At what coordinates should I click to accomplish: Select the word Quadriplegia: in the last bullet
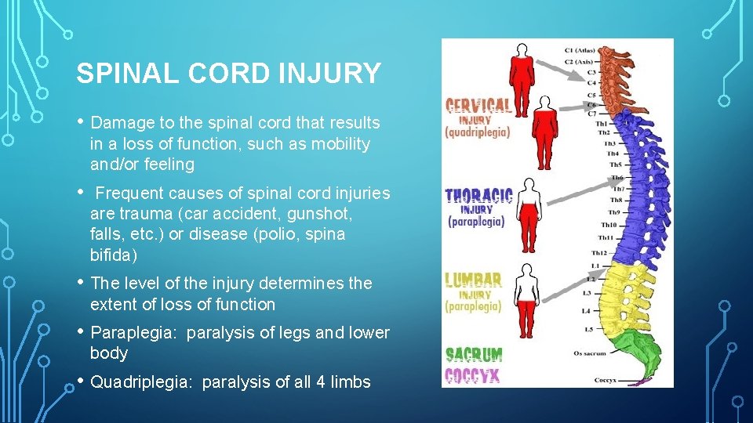tap(144, 382)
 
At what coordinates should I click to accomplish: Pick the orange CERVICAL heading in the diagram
tap(478, 106)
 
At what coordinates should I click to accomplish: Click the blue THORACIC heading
tap(478, 196)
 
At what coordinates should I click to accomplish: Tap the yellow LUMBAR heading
tap(473, 280)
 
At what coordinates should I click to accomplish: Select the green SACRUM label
tap(473, 355)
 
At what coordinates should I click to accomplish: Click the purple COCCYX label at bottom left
tap(471, 376)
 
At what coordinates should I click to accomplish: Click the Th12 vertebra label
tap(599, 252)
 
